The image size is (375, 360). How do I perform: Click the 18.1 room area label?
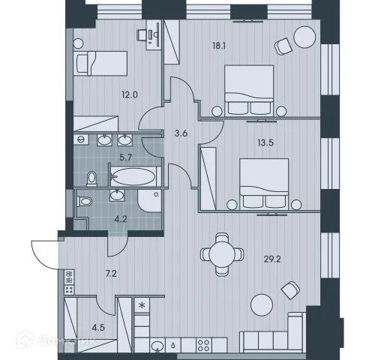coord(220,46)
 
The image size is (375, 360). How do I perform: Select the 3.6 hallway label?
coord(181,133)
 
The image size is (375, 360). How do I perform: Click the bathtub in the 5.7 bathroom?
coord(133,178)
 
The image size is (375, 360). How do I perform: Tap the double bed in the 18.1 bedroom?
coord(249,87)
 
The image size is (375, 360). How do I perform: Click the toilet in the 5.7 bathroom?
coord(91,178)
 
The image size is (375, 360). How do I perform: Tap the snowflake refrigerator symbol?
coord(142,306)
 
